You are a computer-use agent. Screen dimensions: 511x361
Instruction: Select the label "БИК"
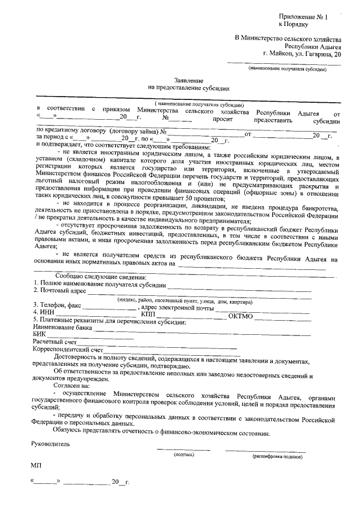39,334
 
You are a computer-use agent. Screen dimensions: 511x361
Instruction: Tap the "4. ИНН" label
45,313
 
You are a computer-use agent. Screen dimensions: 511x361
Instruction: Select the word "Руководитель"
51,444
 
